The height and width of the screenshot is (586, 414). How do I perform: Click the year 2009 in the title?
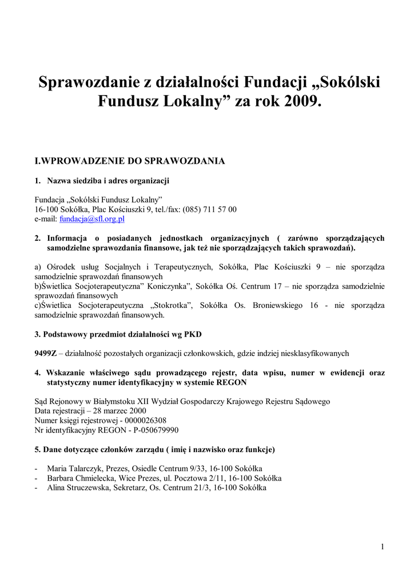point(300,102)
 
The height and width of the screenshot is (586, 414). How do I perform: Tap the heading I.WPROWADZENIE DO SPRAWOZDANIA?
point(130,161)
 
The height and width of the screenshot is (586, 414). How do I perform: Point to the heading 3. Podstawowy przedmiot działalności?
point(118,334)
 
